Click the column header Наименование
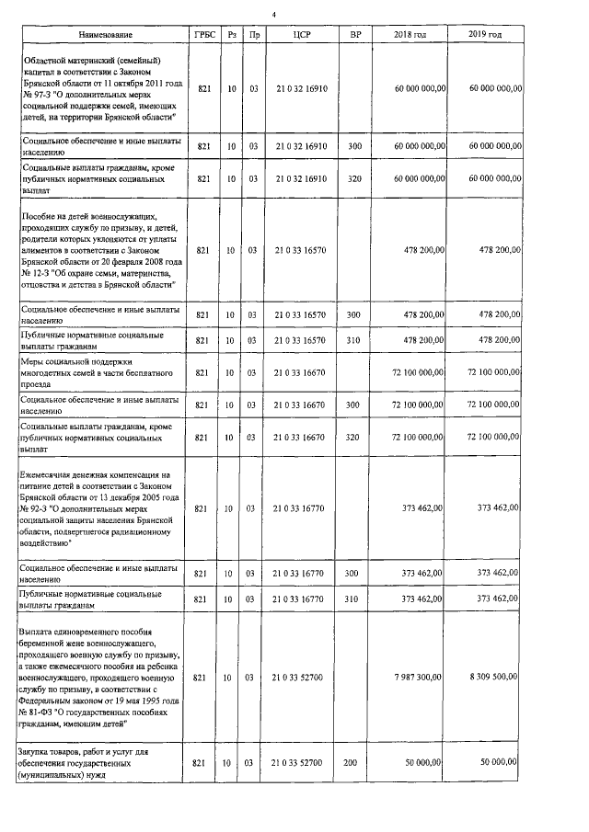100,34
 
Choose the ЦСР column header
297,34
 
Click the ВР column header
353,34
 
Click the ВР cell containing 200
353,763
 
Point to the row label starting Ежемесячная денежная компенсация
101,507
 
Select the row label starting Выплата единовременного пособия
101,678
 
